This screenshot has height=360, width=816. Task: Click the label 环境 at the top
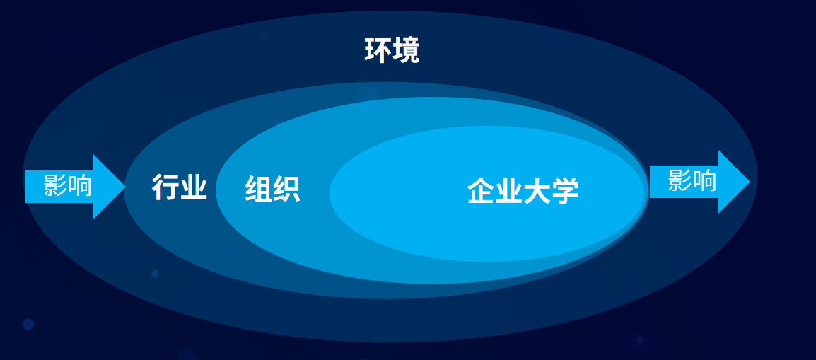[392, 51]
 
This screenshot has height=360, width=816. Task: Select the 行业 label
[180, 187]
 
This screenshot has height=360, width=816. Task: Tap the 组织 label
[272, 189]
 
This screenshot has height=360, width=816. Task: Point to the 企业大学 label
[523, 191]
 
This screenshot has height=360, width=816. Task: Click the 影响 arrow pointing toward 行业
[76, 187]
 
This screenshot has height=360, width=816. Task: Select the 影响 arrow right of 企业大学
[700, 182]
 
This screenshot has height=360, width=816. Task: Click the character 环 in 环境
[378, 51]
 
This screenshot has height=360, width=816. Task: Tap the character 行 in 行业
[165, 187]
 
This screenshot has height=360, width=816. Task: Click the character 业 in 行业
[194, 187]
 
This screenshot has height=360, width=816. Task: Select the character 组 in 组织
[258, 189]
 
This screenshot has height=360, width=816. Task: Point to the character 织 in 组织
[287, 189]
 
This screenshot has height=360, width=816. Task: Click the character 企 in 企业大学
[481, 191]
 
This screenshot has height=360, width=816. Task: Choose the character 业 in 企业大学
[509, 191]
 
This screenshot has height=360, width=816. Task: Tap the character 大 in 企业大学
[537, 191]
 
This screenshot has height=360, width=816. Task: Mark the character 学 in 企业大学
[566, 191]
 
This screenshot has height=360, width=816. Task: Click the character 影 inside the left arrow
[55, 185]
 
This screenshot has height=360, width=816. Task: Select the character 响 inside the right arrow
[705, 180]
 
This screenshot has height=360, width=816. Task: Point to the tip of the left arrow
[125, 187]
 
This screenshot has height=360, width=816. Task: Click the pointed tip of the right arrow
[750, 182]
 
